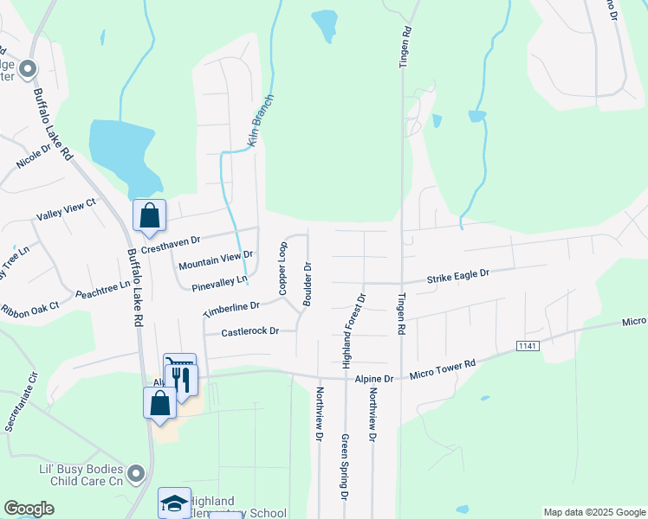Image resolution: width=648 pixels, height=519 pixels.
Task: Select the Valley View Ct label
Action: (x=66, y=208)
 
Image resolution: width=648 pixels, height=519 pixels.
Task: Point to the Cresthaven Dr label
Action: (x=171, y=245)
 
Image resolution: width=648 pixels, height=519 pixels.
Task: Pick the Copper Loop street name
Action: (x=282, y=265)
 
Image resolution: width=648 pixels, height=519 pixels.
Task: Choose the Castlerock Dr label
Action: (x=249, y=331)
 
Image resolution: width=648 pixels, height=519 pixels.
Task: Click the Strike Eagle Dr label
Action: (x=457, y=276)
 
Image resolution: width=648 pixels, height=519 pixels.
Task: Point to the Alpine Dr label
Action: (x=374, y=379)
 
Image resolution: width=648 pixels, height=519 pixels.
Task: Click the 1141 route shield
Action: (x=527, y=346)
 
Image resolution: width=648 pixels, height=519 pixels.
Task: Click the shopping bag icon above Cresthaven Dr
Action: (x=150, y=216)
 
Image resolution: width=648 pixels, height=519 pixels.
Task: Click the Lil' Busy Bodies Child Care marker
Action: (x=135, y=473)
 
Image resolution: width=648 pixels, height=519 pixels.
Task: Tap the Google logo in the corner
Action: (x=29, y=509)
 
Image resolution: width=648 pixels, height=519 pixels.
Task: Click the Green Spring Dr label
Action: (x=344, y=467)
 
